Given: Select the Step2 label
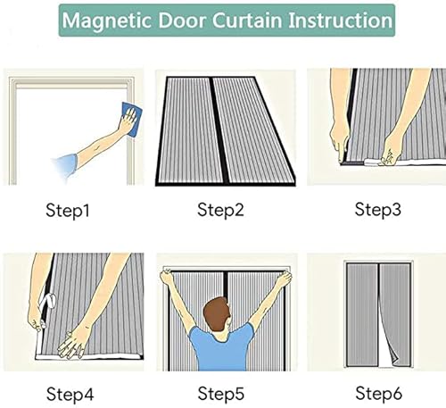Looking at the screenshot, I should (x=222, y=211).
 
